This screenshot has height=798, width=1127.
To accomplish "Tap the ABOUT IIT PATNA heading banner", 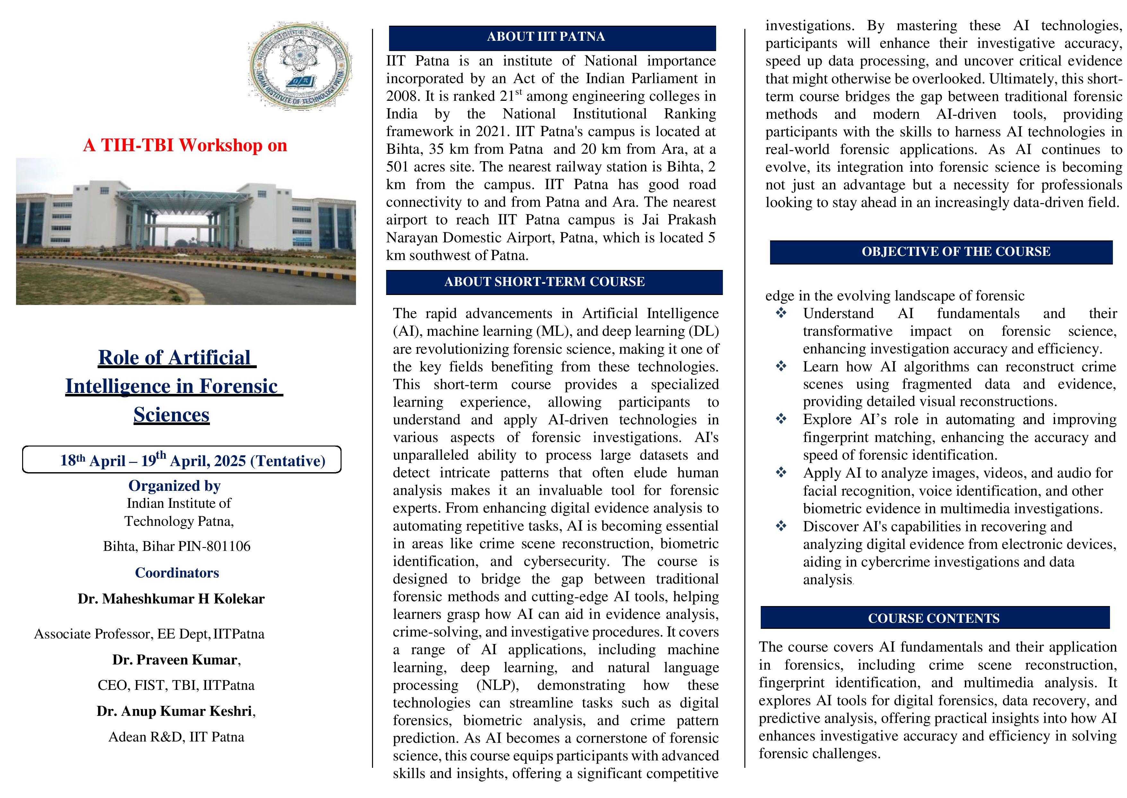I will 552,37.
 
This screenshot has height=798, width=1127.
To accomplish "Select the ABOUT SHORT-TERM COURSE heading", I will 554,282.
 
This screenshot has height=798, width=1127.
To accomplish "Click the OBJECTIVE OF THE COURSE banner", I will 940,252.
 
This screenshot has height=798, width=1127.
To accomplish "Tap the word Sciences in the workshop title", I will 171,415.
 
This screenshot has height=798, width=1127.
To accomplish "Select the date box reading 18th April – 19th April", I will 182,460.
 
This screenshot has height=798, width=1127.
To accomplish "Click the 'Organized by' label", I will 174,485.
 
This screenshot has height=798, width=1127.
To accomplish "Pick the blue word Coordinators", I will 177,572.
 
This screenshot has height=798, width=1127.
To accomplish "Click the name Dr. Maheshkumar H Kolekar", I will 171,598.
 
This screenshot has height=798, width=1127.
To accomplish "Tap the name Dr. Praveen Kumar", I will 174,659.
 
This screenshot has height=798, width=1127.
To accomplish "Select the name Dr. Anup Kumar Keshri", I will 174,711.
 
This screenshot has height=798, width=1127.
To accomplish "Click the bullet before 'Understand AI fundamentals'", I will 781,313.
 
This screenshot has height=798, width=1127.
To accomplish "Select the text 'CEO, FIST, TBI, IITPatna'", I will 176,685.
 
